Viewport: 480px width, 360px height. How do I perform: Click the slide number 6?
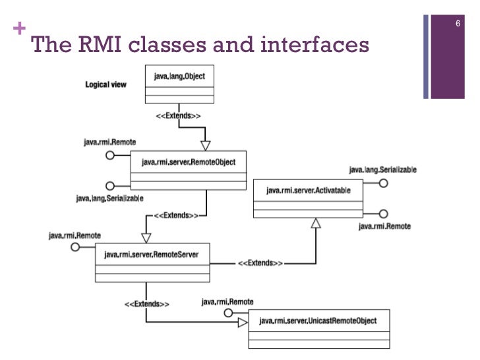point(457,24)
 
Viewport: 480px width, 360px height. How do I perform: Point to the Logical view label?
point(105,85)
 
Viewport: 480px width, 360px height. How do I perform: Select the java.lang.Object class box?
point(179,84)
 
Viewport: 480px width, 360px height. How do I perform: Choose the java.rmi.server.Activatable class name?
point(308,191)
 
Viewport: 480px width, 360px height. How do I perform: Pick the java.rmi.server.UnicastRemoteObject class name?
point(318,321)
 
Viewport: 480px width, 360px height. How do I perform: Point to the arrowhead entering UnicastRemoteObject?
point(243,322)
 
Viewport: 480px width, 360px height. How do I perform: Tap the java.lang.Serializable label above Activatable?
point(382,169)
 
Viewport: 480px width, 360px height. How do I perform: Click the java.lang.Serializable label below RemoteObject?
point(109,198)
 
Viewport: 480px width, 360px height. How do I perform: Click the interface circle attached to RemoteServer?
point(75,247)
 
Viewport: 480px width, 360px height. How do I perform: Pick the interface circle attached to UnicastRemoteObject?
point(229,312)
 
